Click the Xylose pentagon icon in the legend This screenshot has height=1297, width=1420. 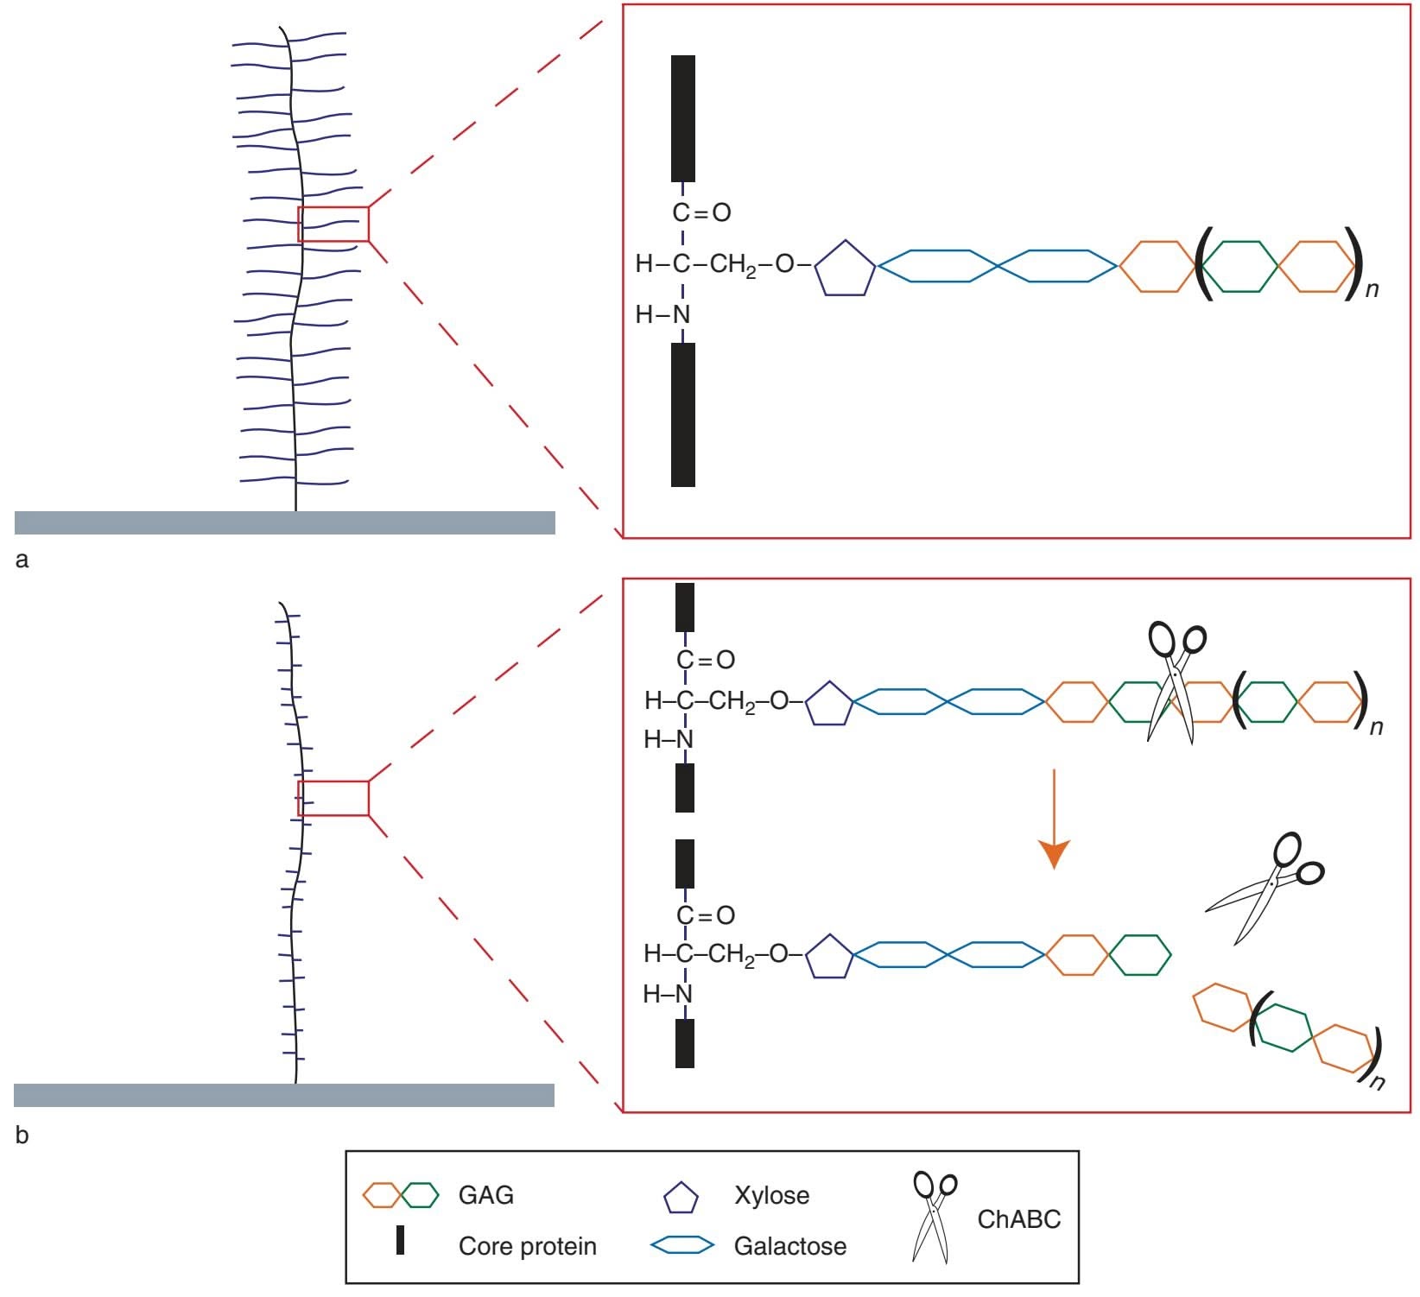tap(681, 1198)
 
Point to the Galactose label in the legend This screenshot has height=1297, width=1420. tap(789, 1246)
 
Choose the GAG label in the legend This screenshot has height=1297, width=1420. tap(486, 1195)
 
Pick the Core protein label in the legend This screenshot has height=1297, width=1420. tap(527, 1246)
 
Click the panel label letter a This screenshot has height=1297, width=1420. tap(22, 560)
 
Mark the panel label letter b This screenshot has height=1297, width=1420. tap(22, 1136)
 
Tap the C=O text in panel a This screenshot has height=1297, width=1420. tap(701, 212)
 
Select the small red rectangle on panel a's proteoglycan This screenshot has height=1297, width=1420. tap(333, 225)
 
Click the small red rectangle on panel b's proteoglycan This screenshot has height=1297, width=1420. tap(333, 798)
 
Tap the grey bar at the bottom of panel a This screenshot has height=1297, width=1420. tap(285, 522)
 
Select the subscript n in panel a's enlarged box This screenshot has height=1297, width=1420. tap(1372, 290)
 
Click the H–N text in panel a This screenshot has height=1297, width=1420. tap(662, 315)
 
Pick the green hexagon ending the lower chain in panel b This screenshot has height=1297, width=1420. tap(1140, 955)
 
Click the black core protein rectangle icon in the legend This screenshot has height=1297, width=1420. tap(400, 1240)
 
